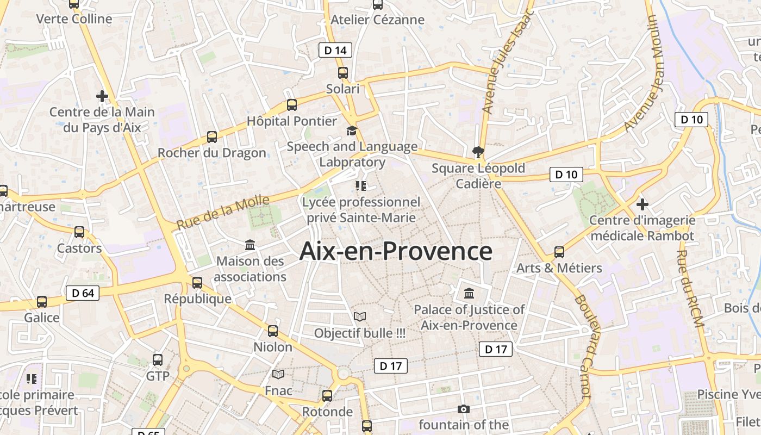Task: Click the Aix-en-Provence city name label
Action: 396,251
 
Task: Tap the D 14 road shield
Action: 335,51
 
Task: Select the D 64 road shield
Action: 83,294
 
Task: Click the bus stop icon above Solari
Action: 342,72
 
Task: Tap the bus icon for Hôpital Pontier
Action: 292,105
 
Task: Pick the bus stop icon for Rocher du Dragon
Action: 212,137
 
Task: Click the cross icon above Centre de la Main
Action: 102,97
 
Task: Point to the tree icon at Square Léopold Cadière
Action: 478,152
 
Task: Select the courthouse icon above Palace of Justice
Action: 469,294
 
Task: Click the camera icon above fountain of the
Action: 463,409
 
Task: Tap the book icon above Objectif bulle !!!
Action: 360,316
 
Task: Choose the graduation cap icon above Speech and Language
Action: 352,130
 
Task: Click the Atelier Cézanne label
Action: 377,20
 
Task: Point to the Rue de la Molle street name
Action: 223,212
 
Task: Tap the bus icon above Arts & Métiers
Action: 559,252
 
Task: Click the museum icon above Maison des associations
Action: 250,245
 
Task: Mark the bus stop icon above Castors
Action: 79,232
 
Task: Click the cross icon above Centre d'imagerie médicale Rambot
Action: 643,204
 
